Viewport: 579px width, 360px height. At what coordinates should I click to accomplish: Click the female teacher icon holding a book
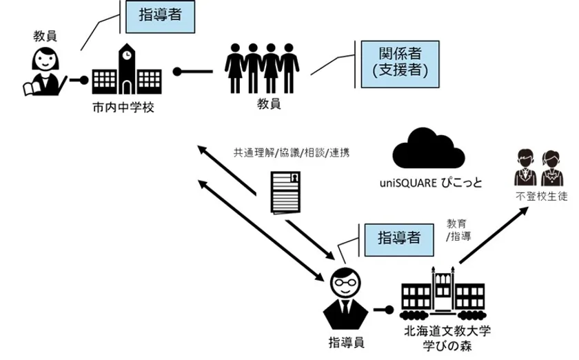(x=43, y=72)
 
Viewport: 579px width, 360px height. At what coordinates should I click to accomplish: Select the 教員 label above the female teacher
(x=43, y=34)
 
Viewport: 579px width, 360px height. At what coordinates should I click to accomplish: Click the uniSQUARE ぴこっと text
(x=422, y=183)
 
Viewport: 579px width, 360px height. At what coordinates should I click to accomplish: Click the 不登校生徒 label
(x=541, y=197)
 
